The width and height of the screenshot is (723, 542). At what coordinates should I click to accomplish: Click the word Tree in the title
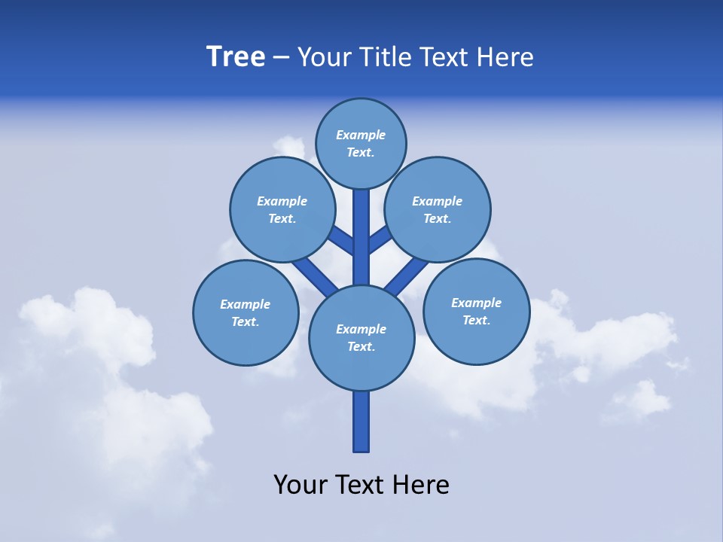point(236,57)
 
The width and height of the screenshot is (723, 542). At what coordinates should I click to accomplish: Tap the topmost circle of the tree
point(361,143)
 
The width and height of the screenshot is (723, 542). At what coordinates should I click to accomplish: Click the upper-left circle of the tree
point(282,209)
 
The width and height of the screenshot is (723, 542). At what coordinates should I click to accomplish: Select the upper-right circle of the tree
point(438,209)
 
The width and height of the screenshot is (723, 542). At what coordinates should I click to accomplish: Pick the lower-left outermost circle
point(246,312)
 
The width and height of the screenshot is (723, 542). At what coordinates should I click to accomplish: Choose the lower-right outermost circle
point(477,311)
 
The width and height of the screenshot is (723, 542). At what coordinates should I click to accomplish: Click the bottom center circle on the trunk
point(361,337)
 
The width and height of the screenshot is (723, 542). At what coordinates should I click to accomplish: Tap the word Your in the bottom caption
point(301,484)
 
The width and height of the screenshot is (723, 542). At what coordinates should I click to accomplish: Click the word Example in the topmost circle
point(361,135)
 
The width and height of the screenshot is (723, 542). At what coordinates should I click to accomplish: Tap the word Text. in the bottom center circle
point(361,347)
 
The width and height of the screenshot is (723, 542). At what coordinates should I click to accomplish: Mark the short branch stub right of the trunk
point(380,239)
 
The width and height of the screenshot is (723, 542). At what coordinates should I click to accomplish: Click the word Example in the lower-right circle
point(476,303)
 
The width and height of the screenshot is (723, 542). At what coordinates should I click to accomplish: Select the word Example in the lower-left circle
point(245,304)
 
